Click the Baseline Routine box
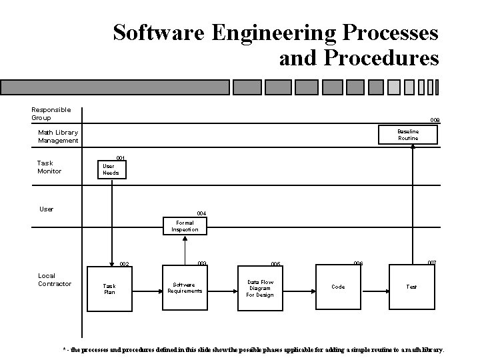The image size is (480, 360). pyautogui.click(x=408, y=135)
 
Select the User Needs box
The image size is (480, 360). pyautogui.click(x=111, y=169)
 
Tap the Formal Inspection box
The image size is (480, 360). pyautogui.click(x=185, y=226)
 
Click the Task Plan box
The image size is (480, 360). pyautogui.click(x=109, y=289)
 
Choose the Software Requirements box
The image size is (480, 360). pyautogui.click(x=185, y=287)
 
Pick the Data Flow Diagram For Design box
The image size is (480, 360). pyautogui.click(x=260, y=288)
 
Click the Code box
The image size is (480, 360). pyautogui.click(x=338, y=287)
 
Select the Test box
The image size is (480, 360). pyautogui.click(x=412, y=287)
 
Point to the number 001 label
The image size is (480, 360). pyautogui.click(x=121, y=158)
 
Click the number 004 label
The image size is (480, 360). pyautogui.click(x=201, y=213)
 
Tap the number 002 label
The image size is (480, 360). pyautogui.click(x=124, y=265)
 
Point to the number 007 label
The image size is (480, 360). pyautogui.click(x=432, y=263)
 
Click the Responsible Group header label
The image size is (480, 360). pyautogui.click(x=51, y=114)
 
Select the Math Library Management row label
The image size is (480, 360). pyautogui.click(x=58, y=137)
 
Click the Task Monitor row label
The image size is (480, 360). pyautogui.click(x=49, y=167)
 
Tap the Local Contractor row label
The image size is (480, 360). pyautogui.click(x=55, y=279)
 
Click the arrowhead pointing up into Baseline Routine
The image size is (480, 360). pyautogui.click(x=413, y=148)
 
